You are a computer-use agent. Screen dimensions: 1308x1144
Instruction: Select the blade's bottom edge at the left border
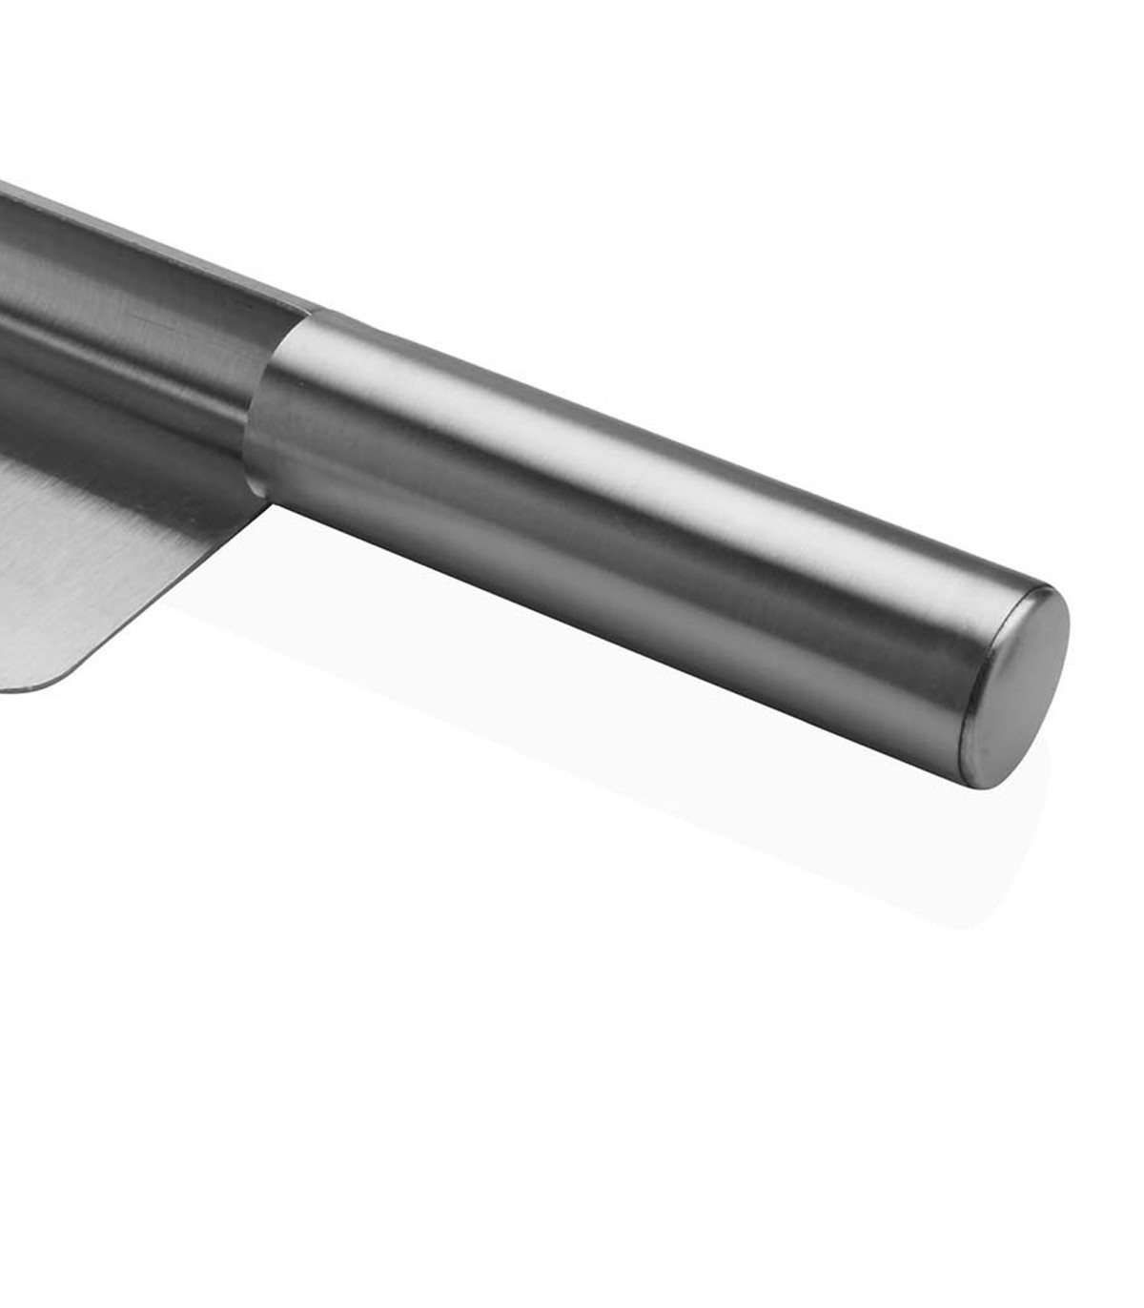pos(5,688)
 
